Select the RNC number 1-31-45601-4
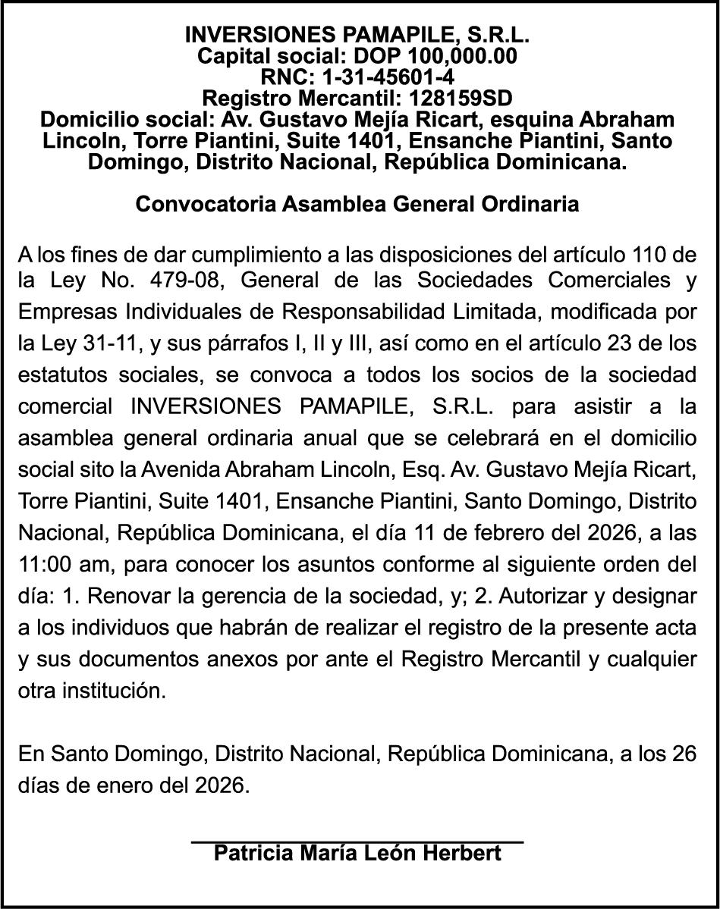pos(390,77)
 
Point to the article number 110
pos(645,252)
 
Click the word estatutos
pos(58,375)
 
